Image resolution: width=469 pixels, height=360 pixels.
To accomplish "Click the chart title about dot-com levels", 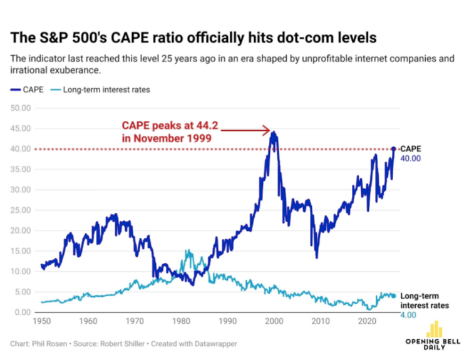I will (x=193, y=38).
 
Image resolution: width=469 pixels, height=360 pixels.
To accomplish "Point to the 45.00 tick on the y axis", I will (x=21, y=128).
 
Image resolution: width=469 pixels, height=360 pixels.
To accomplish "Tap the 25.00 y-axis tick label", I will (x=21, y=210).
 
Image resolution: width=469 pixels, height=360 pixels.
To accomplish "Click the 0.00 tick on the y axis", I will (x=23, y=312).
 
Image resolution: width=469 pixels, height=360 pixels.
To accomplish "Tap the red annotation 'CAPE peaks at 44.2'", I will (x=169, y=126).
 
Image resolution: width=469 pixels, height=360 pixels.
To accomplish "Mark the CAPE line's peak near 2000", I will (x=274, y=132).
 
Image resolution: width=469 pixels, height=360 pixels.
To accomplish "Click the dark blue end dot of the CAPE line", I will (x=393, y=149).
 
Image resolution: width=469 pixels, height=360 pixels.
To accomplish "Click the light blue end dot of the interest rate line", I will (x=393, y=296).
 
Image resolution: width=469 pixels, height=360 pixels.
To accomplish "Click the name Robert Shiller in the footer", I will (x=106, y=344).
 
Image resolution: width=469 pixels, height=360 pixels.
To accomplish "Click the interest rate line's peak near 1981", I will (x=188, y=250).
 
